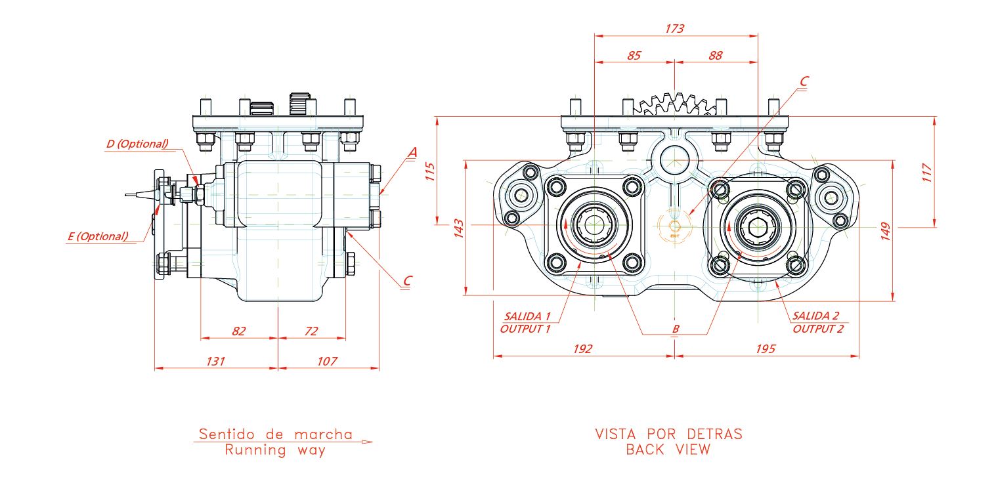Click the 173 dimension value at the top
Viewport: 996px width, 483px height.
[x=674, y=28]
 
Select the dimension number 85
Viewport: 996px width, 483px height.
[x=634, y=56]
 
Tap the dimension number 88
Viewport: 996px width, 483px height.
[x=716, y=56]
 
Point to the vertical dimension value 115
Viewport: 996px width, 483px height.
[x=430, y=171]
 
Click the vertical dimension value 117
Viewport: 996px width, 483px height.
[x=927, y=173]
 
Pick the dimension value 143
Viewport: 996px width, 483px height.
[x=459, y=228]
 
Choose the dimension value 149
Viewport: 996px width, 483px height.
[x=885, y=232]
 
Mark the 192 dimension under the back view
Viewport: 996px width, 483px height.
[x=582, y=349]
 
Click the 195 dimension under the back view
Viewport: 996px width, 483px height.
[x=766, y=349]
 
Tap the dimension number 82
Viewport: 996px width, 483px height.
[x=239, y=331]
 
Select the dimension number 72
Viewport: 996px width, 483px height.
[x=311, y=331]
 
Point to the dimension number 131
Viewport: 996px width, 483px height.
[x=215, y=361]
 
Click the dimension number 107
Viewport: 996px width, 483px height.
[x=327, y=361]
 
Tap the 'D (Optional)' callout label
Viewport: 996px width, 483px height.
[x=137, y=144]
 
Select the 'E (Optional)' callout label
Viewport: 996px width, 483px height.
[x=98, y=236]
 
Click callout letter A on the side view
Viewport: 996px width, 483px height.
[x=412, y=152]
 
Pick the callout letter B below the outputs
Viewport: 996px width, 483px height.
[x=676, y=329]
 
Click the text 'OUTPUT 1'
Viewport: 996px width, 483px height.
[x=525, y=329]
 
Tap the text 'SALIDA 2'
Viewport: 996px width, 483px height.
[x=816, y=316]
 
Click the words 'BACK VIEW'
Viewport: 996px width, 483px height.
[x=668, y=450]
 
